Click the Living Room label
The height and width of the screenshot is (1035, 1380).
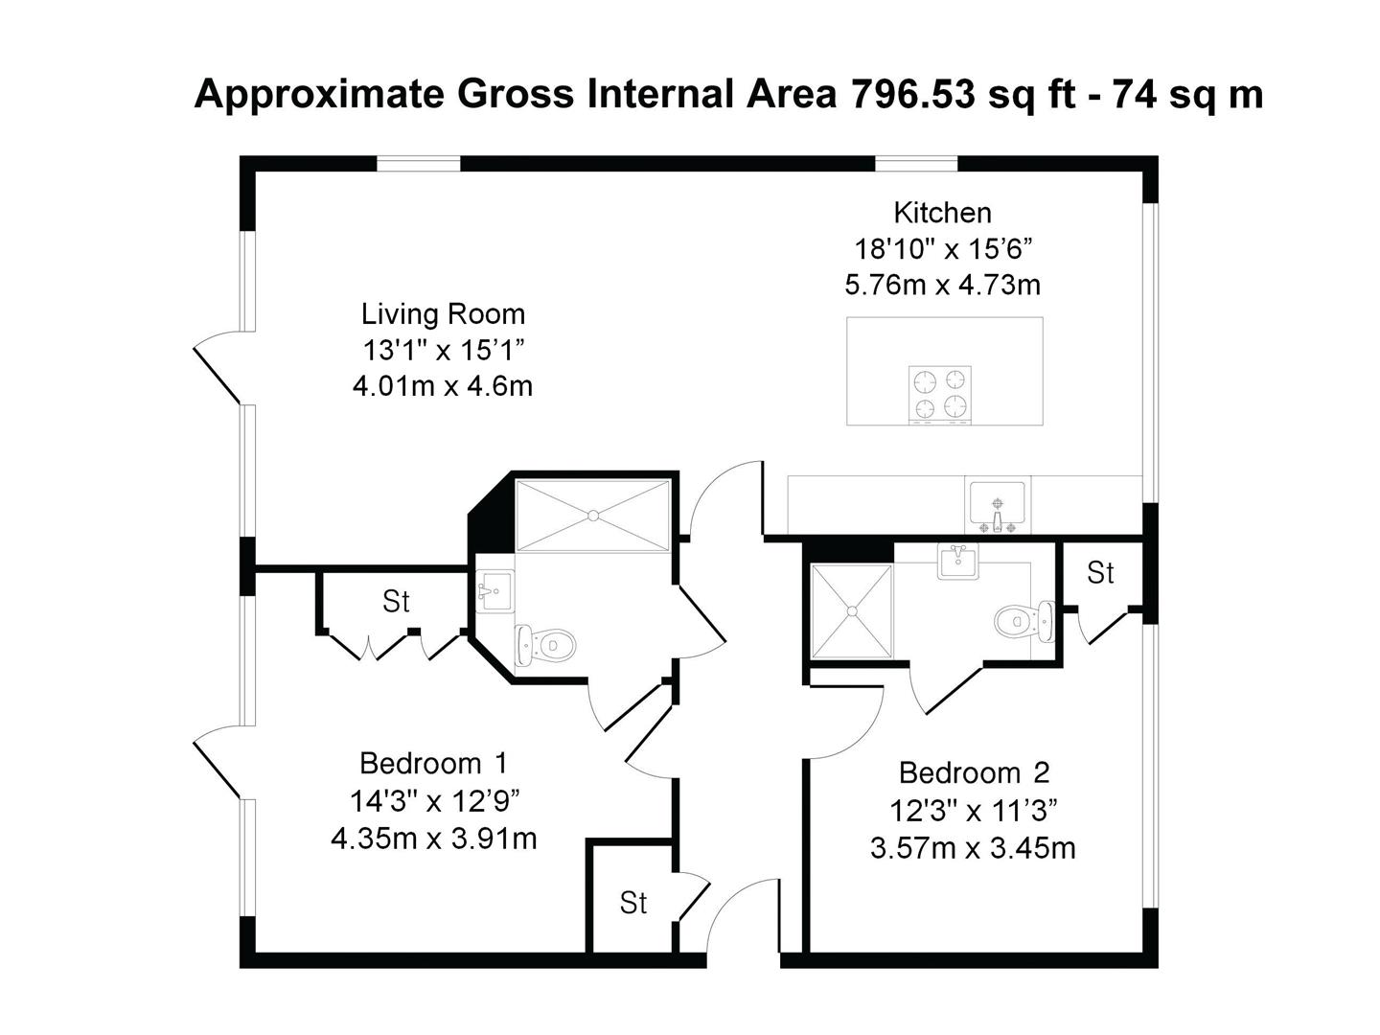coord(443,314)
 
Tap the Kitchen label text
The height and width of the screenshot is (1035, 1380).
coord(942,213)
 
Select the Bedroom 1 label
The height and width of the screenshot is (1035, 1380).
coord(433,764)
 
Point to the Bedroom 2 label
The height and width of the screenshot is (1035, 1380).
coord(974,773)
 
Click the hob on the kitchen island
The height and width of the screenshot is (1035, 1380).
coord(939,395)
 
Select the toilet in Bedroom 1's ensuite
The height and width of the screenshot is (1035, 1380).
coord(545,644)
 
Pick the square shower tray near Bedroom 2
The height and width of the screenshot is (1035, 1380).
coord(852,610)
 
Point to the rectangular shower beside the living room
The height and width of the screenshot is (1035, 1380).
coord(592,516)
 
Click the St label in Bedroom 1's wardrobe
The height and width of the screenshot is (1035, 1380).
coord(396,602)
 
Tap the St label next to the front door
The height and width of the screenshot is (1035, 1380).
coord(633,903)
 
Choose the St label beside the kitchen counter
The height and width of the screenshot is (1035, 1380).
coord(1100,572)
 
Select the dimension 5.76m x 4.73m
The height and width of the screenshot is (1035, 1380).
coord(942,286)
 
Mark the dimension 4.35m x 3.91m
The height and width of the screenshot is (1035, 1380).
coord(434,839)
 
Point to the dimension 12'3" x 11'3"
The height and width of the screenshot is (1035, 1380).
coord(974,811)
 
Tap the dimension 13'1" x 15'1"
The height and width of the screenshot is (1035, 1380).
coord(444,350)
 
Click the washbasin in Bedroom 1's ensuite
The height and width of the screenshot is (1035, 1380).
coord(494,590)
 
